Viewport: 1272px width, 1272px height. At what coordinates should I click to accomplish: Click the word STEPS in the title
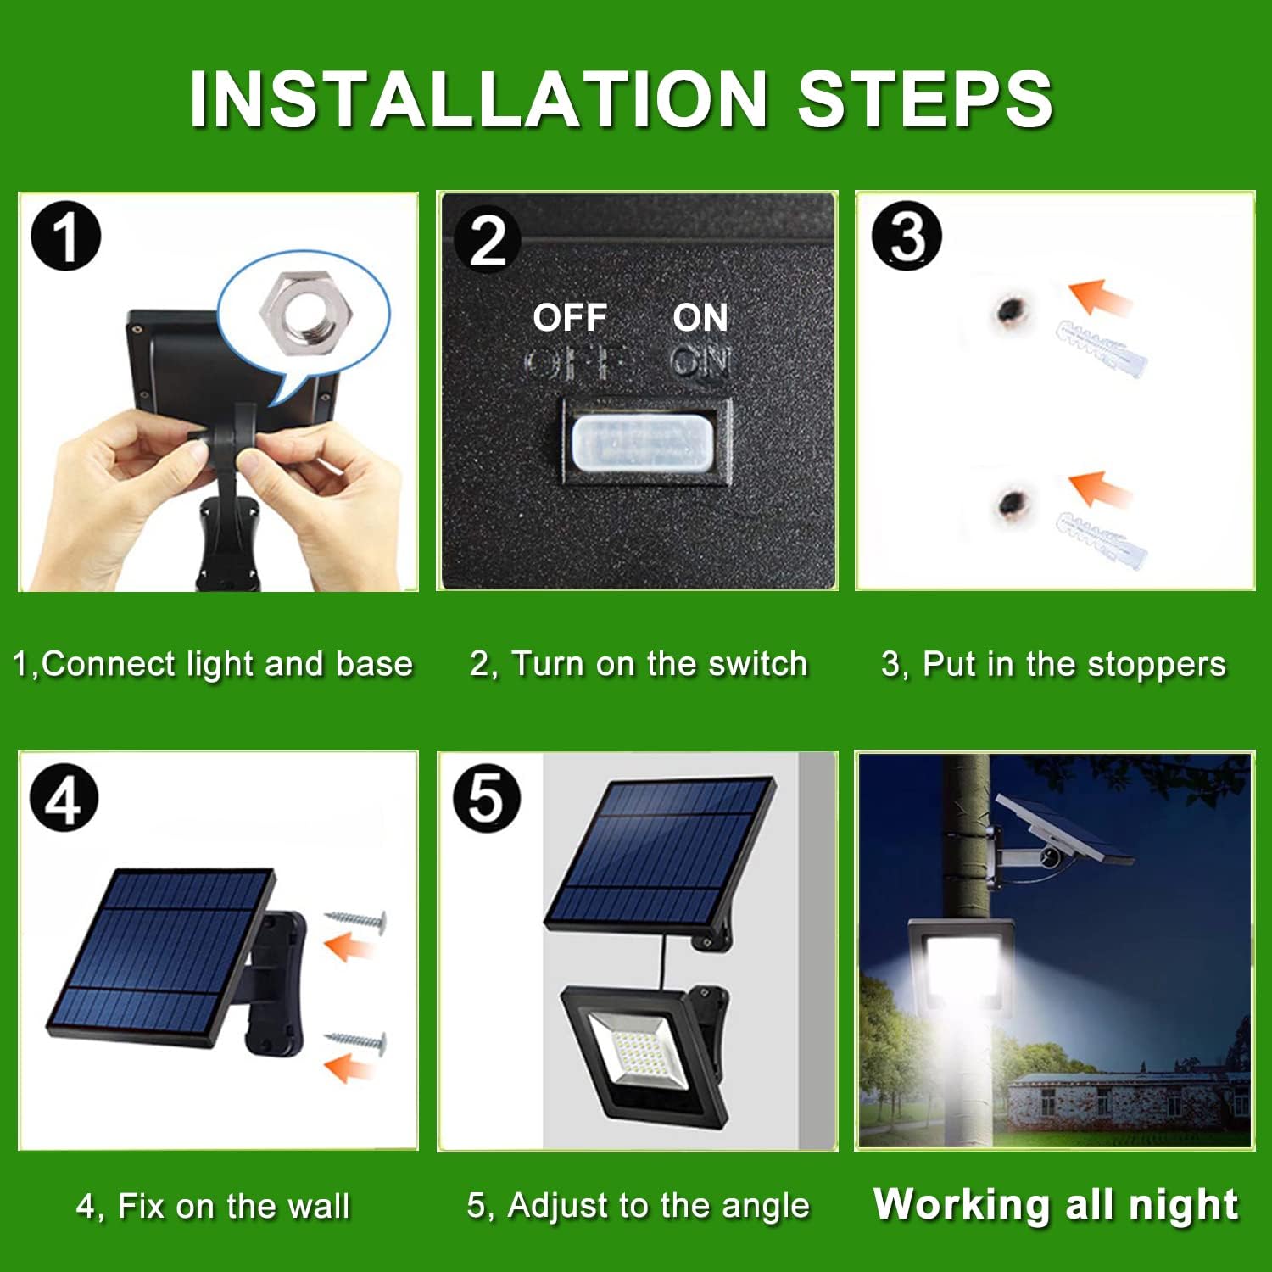tap(925, 99)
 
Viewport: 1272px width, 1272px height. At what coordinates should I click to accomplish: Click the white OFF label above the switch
tap(570, 317)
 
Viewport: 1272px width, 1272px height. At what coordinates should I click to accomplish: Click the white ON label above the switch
tap(700, 317)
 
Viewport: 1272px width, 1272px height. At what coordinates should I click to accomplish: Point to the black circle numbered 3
tap(907, 236)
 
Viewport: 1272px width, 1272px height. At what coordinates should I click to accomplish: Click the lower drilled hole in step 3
tap(1011, 505)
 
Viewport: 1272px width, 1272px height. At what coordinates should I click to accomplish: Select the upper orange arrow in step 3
tap(1099, 298)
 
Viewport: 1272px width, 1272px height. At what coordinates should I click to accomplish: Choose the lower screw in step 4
tap(356, 1042)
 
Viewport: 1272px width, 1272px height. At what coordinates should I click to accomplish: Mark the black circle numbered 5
tap(487, 798)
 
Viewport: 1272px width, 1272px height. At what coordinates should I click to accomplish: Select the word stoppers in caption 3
tap(1157, 666)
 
